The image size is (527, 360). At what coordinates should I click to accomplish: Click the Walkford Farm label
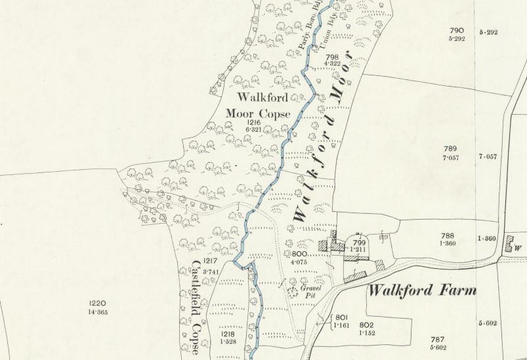tap(421, 290)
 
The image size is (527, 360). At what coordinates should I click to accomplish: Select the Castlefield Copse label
tap(196, 306)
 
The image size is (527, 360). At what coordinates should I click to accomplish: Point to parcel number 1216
tap(254, 123)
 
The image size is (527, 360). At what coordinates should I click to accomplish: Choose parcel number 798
tap(331, 57)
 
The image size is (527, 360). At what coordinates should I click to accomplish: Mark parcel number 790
tap(457, 30)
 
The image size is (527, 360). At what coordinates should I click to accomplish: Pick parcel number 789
tap(450, 149)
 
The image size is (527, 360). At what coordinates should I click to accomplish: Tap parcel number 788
tap(448, 236)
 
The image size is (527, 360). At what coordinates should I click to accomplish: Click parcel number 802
tap(366, 325)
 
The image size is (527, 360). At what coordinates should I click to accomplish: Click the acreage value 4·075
tap(299, 262)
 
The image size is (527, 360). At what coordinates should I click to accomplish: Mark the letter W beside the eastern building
tap(517, 248)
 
